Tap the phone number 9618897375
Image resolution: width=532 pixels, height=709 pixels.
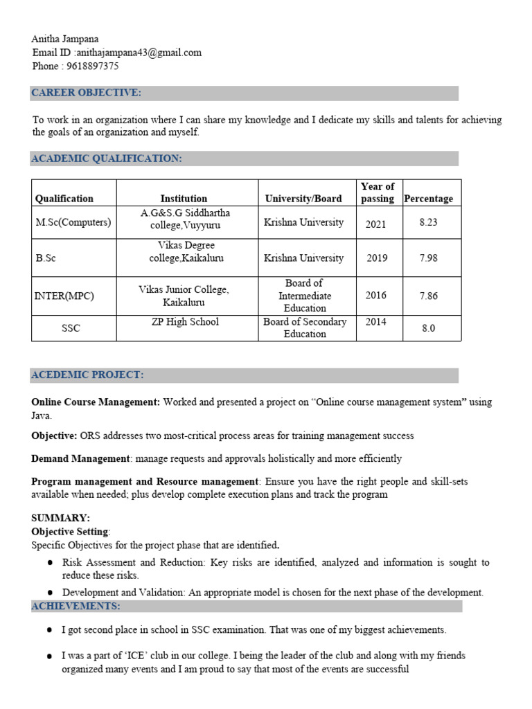coord(93,66)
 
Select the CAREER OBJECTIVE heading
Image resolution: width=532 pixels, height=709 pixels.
coord(86,93)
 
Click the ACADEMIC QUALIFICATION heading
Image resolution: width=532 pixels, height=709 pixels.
coord(106,159)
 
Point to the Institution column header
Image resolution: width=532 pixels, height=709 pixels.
coord(184,199)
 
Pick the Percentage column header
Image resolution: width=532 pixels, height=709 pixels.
coord(429,199)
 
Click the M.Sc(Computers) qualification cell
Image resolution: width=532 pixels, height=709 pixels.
coord(73,222)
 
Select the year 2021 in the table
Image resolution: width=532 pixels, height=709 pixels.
coord(376,224)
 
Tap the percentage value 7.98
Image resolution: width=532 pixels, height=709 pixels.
coord(429,258)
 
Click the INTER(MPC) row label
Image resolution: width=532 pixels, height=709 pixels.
coord(64,296)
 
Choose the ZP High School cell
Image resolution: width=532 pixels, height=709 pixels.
coord(185,321)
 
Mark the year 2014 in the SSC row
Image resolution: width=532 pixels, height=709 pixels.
coord(376,321)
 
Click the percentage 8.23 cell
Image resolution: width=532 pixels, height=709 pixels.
coord(429,222)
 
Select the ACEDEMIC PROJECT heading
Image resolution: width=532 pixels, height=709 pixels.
coord(87,375)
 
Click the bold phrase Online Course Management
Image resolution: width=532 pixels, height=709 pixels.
coord(96,402)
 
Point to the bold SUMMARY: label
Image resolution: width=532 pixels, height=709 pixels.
coord(60,518)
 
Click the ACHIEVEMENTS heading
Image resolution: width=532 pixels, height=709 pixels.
coord(76,607)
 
